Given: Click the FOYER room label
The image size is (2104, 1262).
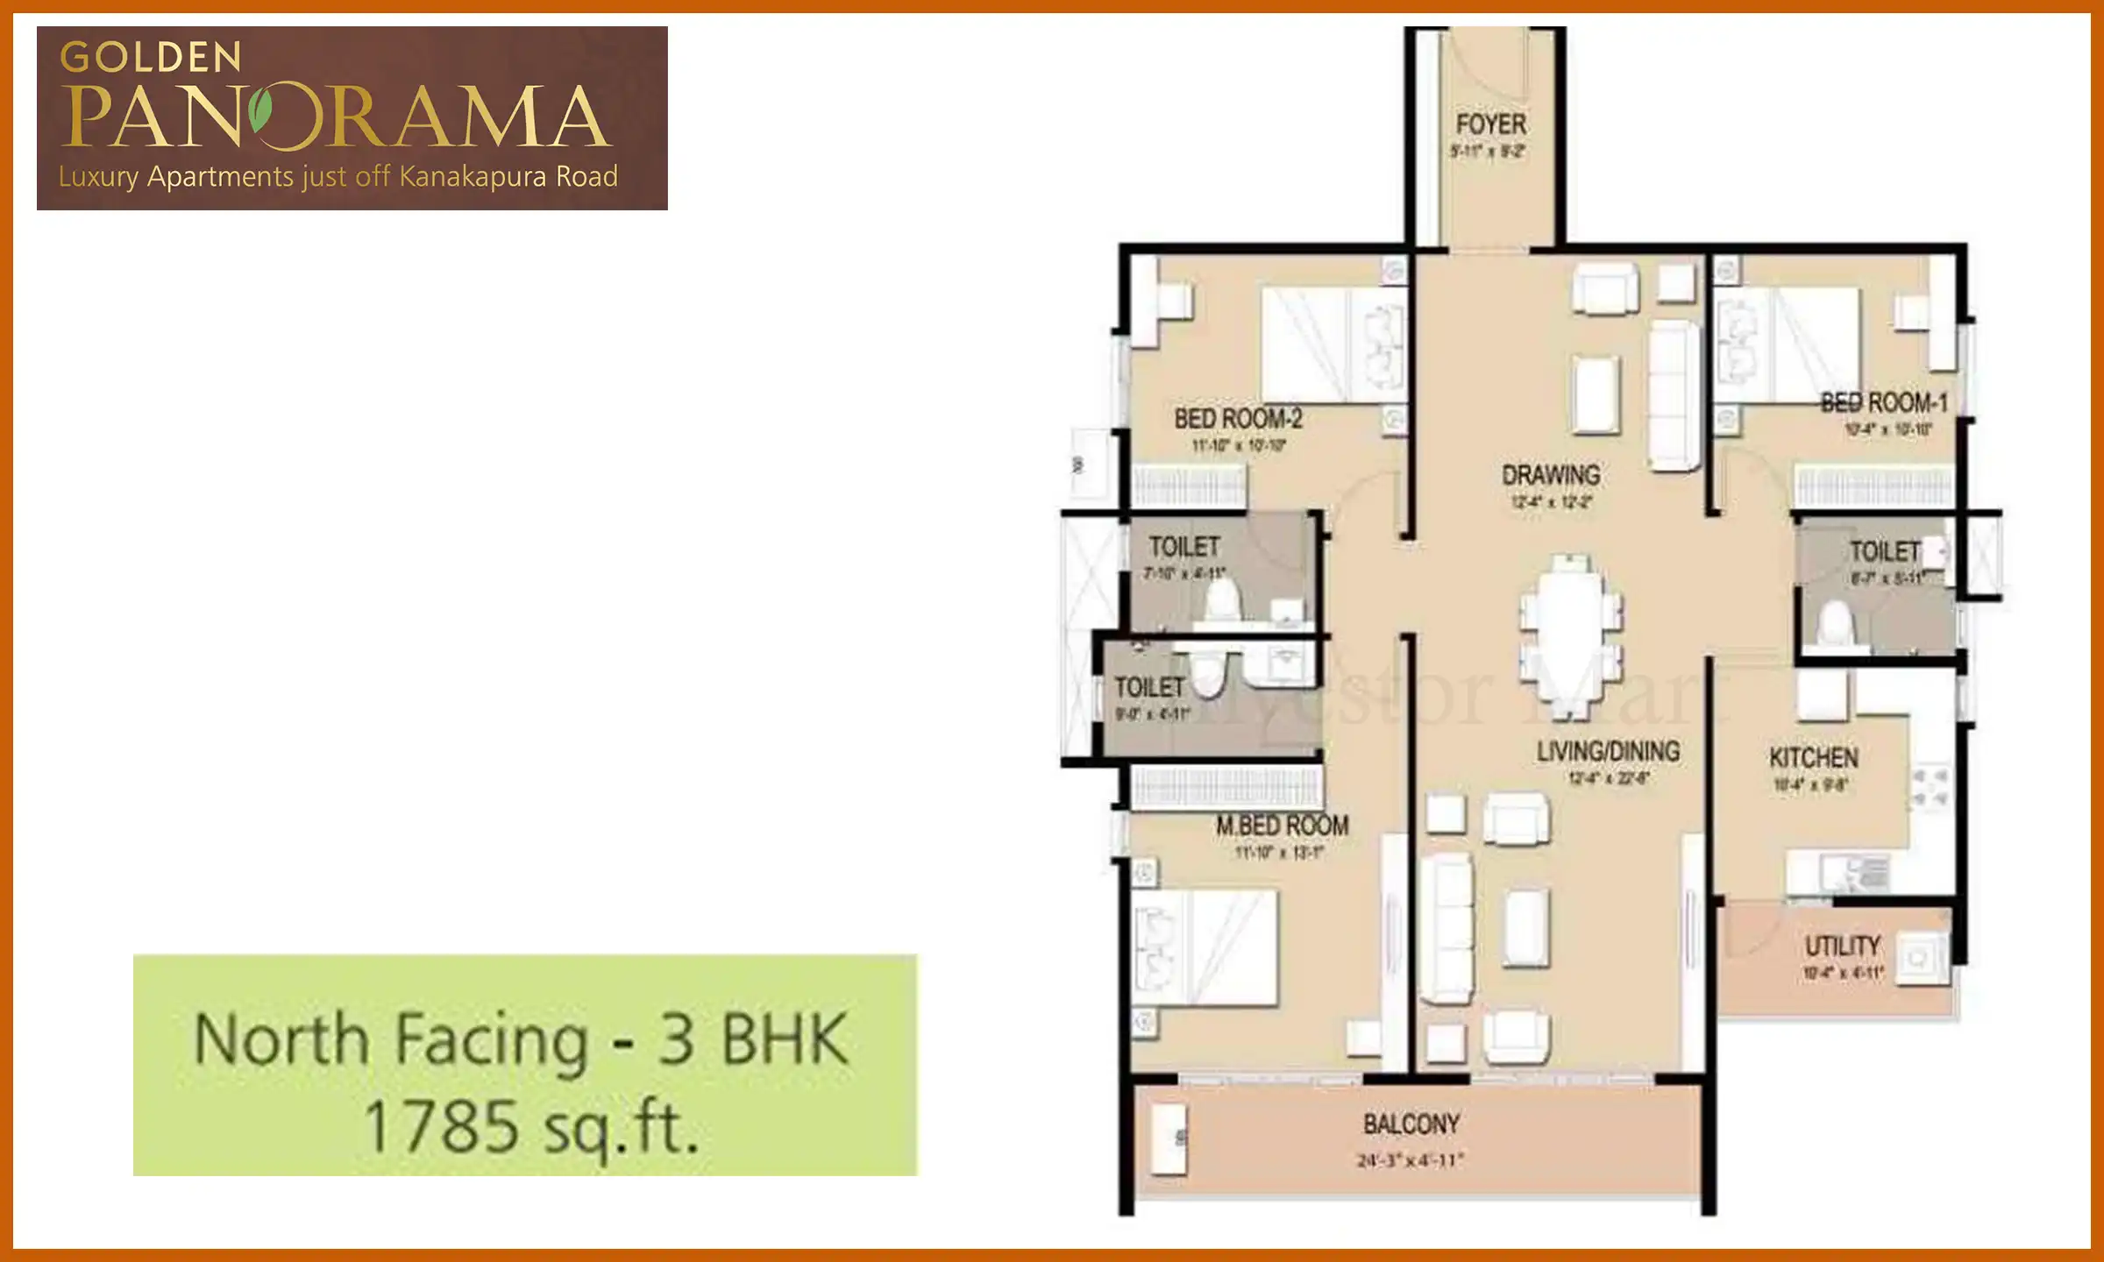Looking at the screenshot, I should tap(1490, 124).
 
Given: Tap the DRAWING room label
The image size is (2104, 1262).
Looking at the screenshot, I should tap(1551, 476).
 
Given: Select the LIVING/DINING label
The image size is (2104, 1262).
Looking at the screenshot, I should tap(1608, 751).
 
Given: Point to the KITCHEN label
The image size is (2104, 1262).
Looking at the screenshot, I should tap(1813, 758).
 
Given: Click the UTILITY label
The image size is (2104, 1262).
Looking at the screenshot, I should tap(1842, 946).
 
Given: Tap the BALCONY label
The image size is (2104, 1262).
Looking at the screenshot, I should tap(1411, 1124).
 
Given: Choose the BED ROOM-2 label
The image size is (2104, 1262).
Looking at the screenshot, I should tap(1238, 419).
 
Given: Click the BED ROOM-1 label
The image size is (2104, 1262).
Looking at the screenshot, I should tap(1884, 403).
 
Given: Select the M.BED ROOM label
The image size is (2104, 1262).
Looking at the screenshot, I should tap(1282, 826).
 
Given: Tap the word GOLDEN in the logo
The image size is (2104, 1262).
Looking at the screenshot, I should tap(151, 58).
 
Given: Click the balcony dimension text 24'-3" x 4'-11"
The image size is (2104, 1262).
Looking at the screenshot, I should tap(1411, 1160).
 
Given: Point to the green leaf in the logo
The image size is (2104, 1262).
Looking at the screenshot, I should tap(260, 111).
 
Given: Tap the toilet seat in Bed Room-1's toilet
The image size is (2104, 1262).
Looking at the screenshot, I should tap(1835, 625).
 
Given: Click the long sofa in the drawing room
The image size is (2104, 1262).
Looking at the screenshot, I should tap(1674, 395).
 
